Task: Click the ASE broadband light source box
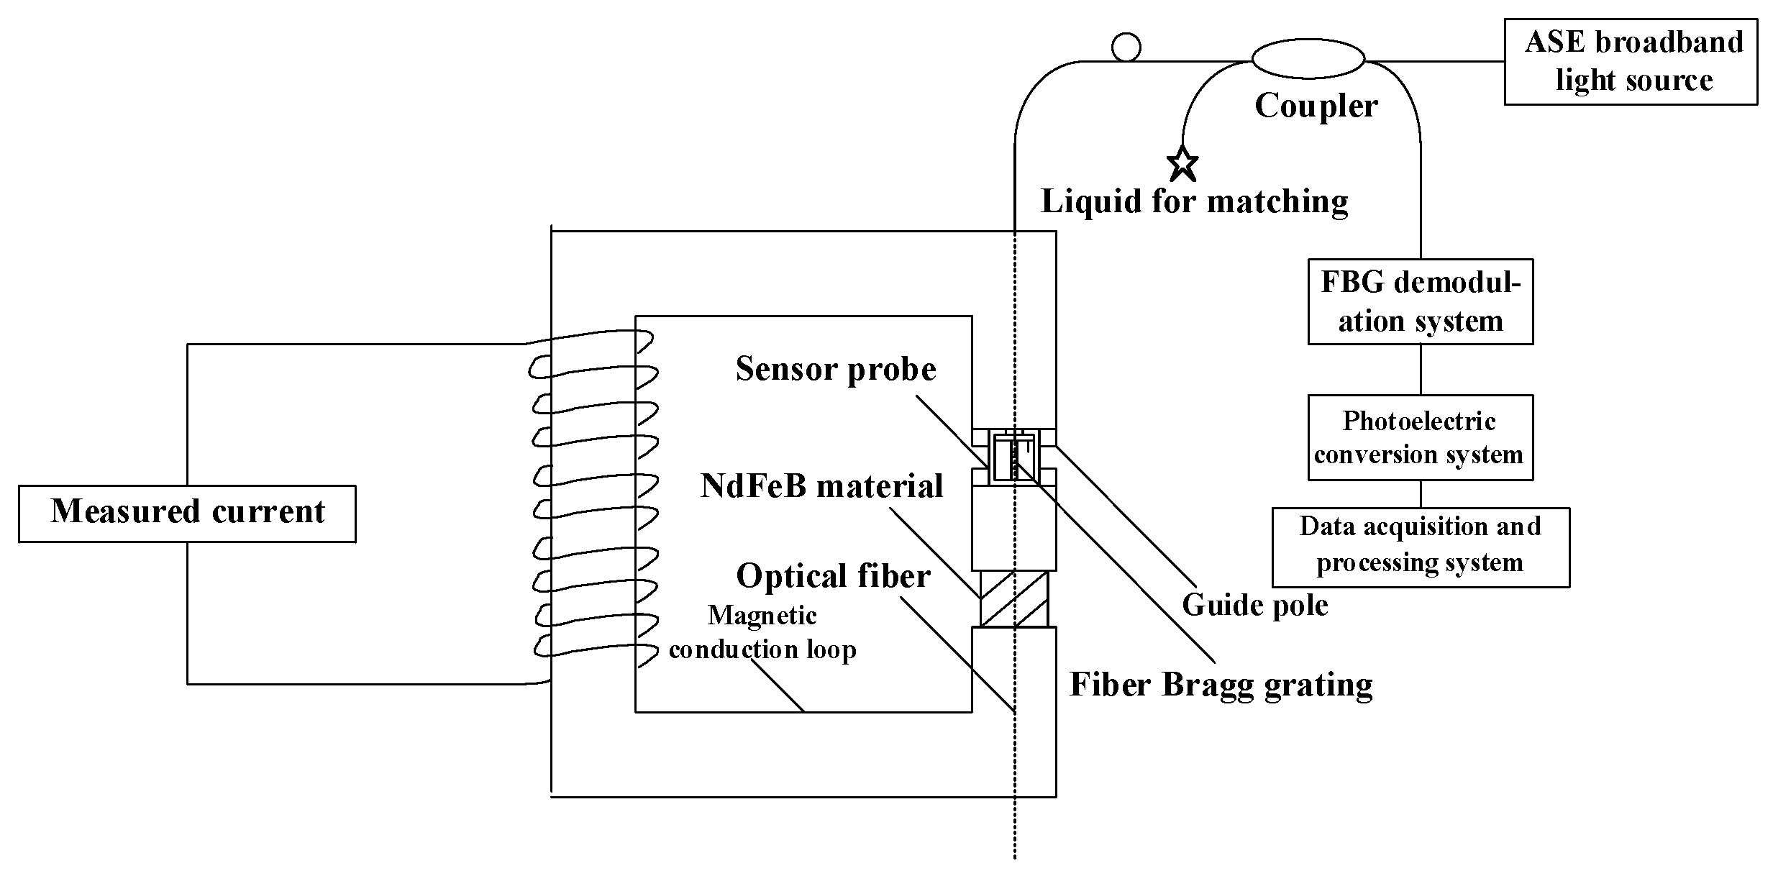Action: [1630, 62]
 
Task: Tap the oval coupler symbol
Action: [1308, 58]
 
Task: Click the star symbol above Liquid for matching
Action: [1182, 165]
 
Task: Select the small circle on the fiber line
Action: [1126, 47]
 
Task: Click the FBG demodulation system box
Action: [1420, 301]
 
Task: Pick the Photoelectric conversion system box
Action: [1420, 437]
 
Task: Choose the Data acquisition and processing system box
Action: [1421, 547]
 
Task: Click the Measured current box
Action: [187, 513]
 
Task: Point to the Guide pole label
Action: [1254, 604]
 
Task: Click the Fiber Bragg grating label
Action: [1221, 684]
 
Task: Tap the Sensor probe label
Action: [835, 370]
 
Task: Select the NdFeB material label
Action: [821, 486]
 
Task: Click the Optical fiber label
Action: [833, 576]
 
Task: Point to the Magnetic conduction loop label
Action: [762, 632]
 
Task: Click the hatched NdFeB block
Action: [1013, 599]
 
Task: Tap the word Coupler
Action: [1316, 106]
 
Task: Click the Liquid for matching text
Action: [1194, 201]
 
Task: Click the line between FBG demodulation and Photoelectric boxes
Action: [1421, 369]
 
